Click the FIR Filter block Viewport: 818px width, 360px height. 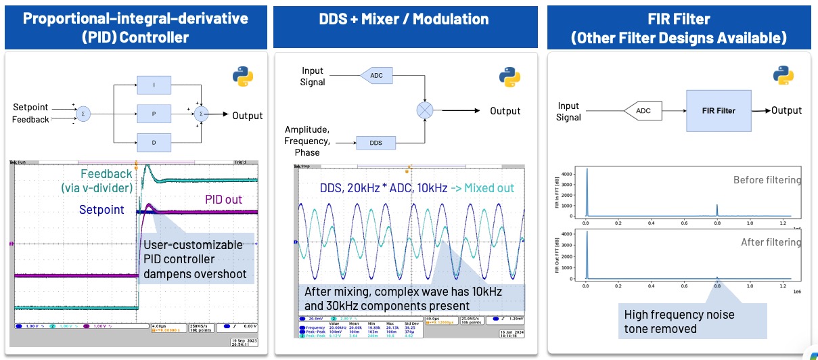719,110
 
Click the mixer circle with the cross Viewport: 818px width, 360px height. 424,111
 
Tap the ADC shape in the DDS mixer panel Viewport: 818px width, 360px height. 376,75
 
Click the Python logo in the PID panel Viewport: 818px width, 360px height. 244,76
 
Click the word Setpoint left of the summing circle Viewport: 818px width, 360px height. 31,108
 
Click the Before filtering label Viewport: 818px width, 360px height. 767,180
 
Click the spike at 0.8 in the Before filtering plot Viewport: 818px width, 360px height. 717,209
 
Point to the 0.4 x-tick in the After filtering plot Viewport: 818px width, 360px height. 652,286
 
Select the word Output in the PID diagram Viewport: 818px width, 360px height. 247,116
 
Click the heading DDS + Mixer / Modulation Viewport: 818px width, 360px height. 405,18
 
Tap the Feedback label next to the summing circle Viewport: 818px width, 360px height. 30,120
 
